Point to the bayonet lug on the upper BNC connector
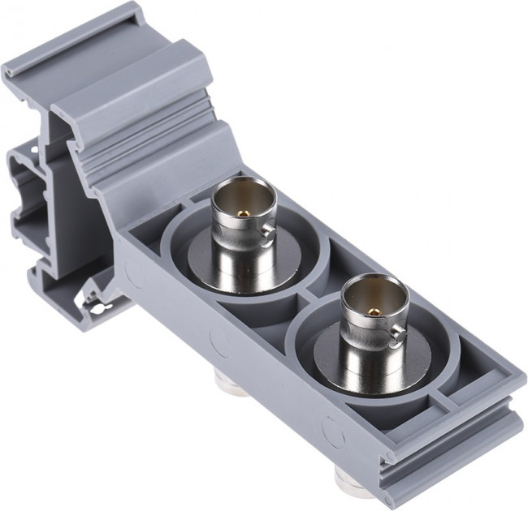[267, 237]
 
